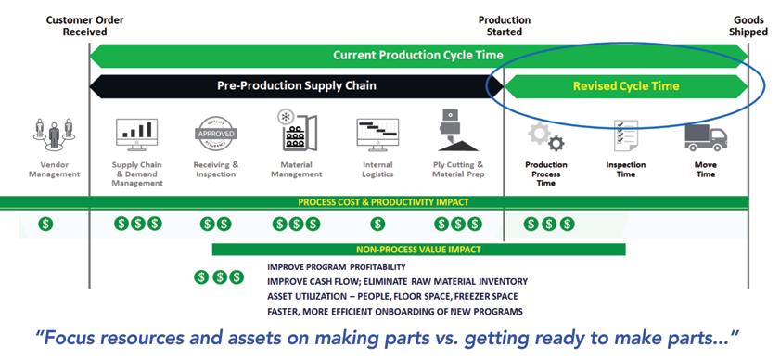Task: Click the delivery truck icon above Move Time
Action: pos(706,138)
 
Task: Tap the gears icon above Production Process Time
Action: pos(545,137)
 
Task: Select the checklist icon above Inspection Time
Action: pos(625,135)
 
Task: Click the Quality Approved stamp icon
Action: pos(215,134)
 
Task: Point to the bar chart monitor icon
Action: pos(136,135)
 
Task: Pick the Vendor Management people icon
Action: pos(54,135)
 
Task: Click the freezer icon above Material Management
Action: pos(297,131)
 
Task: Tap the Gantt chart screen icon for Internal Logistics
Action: pos(377,135)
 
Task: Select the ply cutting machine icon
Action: pos(457,130)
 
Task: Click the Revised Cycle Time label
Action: pos(626,86)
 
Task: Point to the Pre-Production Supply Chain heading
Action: pos(297,85)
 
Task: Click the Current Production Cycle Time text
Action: pos(418,55)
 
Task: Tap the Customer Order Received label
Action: pos(85,26)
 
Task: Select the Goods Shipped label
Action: pos(748,26)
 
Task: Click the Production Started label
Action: pos(505,26)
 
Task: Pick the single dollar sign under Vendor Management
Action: pos(45,224)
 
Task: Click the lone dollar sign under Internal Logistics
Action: pos(377,224)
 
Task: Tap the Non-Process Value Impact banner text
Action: pos(418,250)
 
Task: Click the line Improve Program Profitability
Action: pos(337,267)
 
